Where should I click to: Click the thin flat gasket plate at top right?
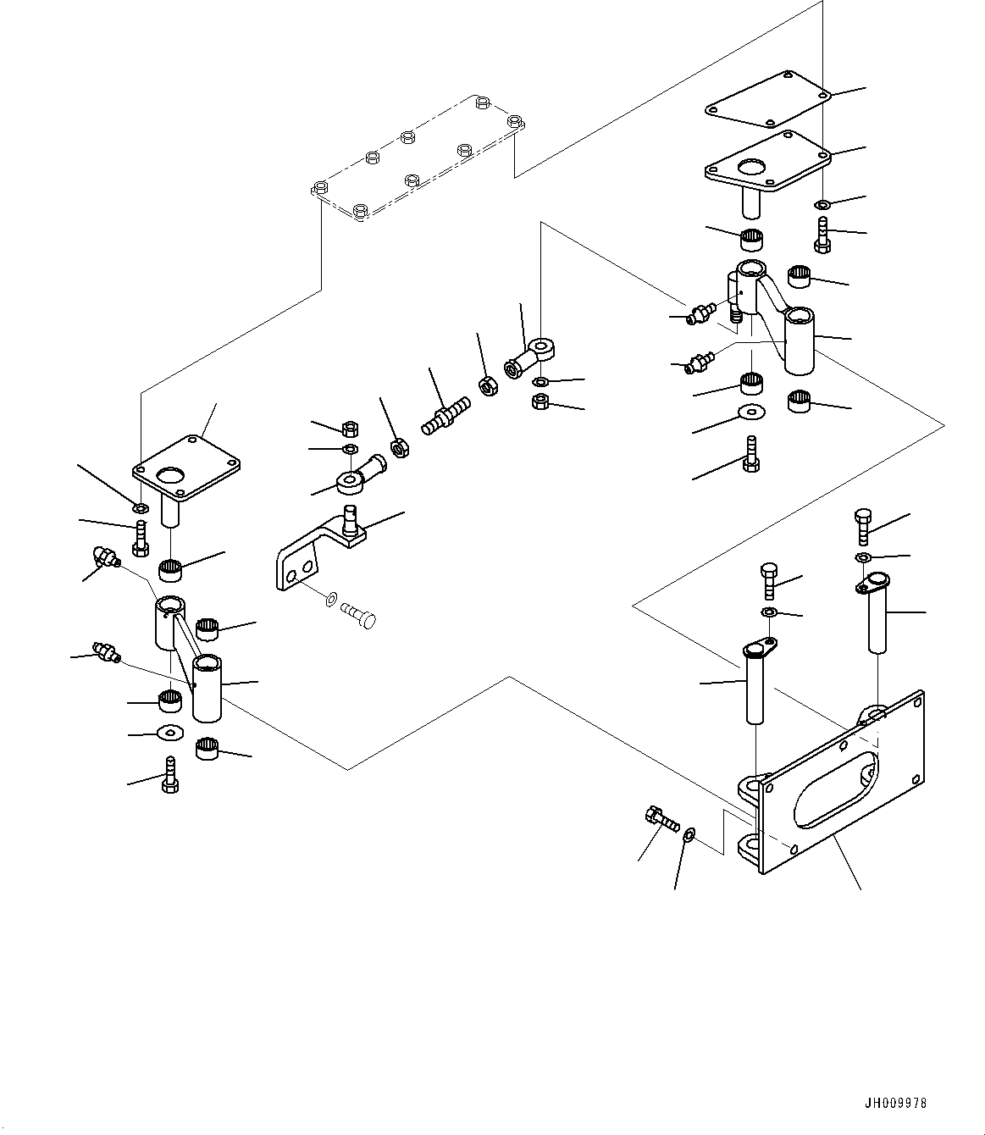point(766,102)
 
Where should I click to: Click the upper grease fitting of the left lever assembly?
point(103,556)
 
